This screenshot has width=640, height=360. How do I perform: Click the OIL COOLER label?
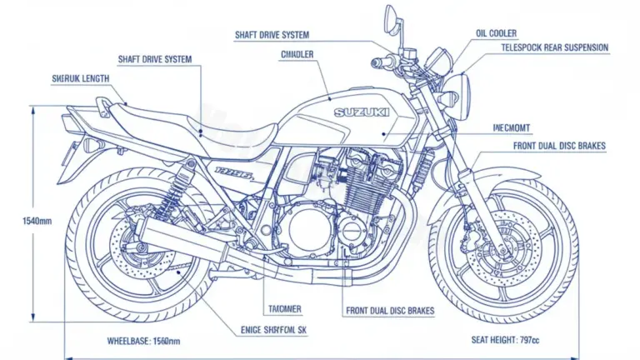(497, 33)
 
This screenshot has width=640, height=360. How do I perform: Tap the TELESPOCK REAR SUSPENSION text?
(554, 47)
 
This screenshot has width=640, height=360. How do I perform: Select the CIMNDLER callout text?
(297, 53)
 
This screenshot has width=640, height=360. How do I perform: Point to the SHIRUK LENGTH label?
(79, 78)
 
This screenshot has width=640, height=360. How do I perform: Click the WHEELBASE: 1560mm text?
(144, 342)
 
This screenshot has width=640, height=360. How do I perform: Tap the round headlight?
(461, 86)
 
